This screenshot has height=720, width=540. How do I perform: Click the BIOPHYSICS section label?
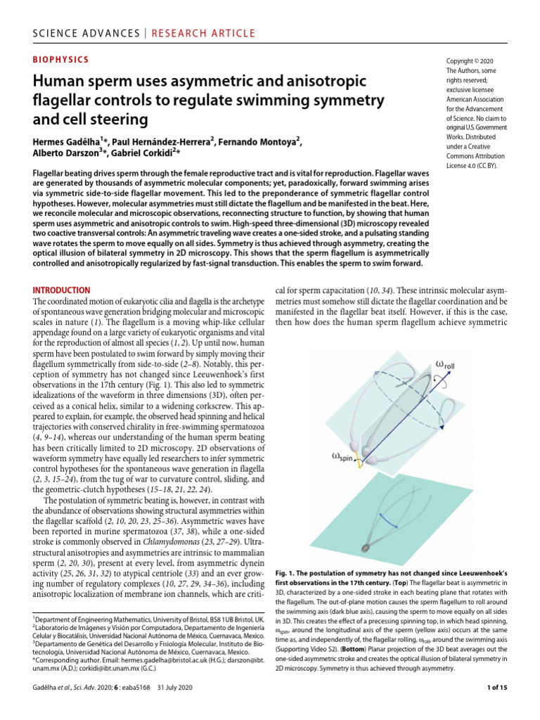click(61, 60)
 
